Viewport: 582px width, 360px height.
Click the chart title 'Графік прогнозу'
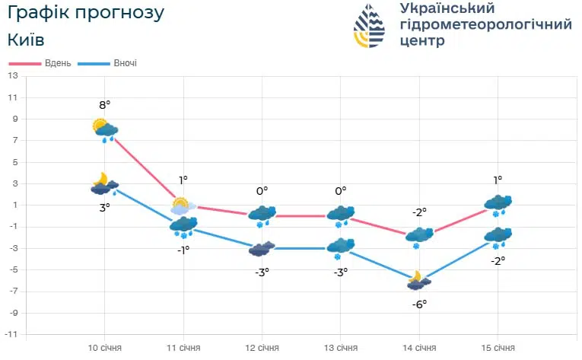coord(85,13)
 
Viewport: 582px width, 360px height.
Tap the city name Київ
coord(25,40)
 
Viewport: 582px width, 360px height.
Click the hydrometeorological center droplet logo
coord(370,25)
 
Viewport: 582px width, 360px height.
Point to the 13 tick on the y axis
coord(13,76)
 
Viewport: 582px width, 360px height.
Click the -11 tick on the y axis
coord(11,334)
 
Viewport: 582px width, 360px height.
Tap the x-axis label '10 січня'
coord(105,348)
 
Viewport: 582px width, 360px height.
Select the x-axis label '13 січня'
coord(341,348)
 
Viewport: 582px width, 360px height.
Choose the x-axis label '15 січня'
coord(498,348)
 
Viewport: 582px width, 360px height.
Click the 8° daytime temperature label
coord(105,104)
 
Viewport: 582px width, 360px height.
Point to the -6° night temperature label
coord(419,303)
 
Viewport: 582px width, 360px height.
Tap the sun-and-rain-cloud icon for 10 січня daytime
coord(105,130)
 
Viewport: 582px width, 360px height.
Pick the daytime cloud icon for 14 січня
coord(419,237)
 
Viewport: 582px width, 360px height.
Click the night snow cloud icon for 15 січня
coord(498,237)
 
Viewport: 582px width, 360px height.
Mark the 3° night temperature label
coord(105,205)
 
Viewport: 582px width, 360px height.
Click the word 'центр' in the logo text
coord(421,41)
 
